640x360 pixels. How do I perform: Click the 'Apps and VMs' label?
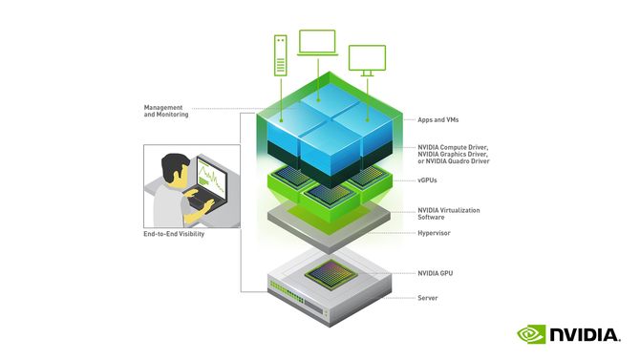437,119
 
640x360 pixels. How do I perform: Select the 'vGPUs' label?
427,180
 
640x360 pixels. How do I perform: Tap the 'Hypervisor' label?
434,233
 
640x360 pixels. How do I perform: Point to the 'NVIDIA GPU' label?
435,273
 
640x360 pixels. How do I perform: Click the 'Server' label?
427,298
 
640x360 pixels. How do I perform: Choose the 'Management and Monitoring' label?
165,111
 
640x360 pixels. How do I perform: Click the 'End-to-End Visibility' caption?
174,234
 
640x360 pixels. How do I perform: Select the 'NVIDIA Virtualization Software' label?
449,214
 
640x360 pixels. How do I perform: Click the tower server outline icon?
281,55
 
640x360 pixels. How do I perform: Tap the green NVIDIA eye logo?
531,334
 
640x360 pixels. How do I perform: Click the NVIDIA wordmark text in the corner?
585,334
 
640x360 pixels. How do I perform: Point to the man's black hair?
174,166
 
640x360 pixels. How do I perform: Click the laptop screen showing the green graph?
212,177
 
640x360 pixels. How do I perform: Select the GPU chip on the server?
331,274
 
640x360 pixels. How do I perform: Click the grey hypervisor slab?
329,227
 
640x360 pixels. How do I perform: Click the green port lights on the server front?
287,291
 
